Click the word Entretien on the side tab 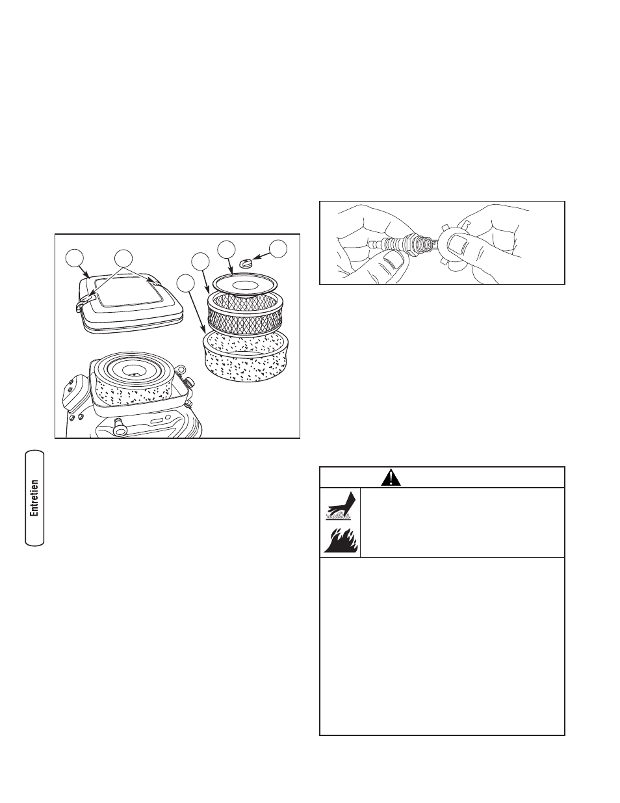[34, 498]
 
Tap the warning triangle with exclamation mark [391, 477]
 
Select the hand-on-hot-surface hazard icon [339, 506]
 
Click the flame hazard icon [341, 540]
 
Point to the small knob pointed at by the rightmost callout [245, 263]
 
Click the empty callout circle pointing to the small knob [278, 249]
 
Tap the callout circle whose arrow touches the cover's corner [75, 259]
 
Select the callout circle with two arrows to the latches [123, 259]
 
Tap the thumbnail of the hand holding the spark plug [394, 259]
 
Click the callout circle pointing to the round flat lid [226, 250]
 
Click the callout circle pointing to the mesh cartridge [201, 261]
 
